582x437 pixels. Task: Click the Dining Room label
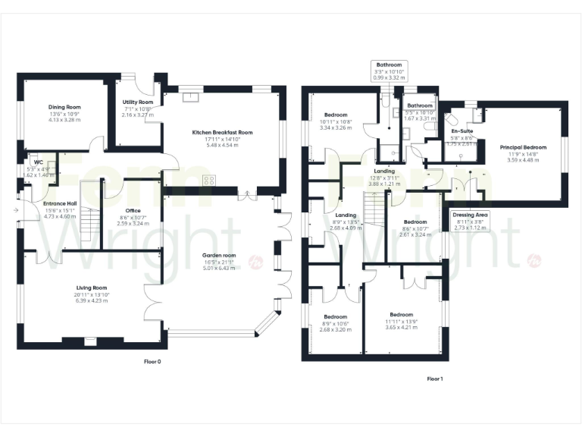coord(64,108)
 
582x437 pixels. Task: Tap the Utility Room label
coord(138,102)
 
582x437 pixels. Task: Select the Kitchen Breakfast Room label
coord(222,133)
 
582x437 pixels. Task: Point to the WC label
coord(37,162)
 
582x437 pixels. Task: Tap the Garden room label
coord(219,256)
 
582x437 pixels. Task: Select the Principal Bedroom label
coord(523,147)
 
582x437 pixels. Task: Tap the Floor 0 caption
coord(152,361)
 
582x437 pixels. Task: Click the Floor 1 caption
coord(434,378)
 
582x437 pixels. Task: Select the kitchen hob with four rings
coord(209,181)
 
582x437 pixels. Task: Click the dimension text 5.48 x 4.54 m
coord(222,146)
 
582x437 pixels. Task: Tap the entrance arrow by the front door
coord(16,210)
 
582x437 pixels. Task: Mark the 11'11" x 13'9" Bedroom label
coord(402,315)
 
